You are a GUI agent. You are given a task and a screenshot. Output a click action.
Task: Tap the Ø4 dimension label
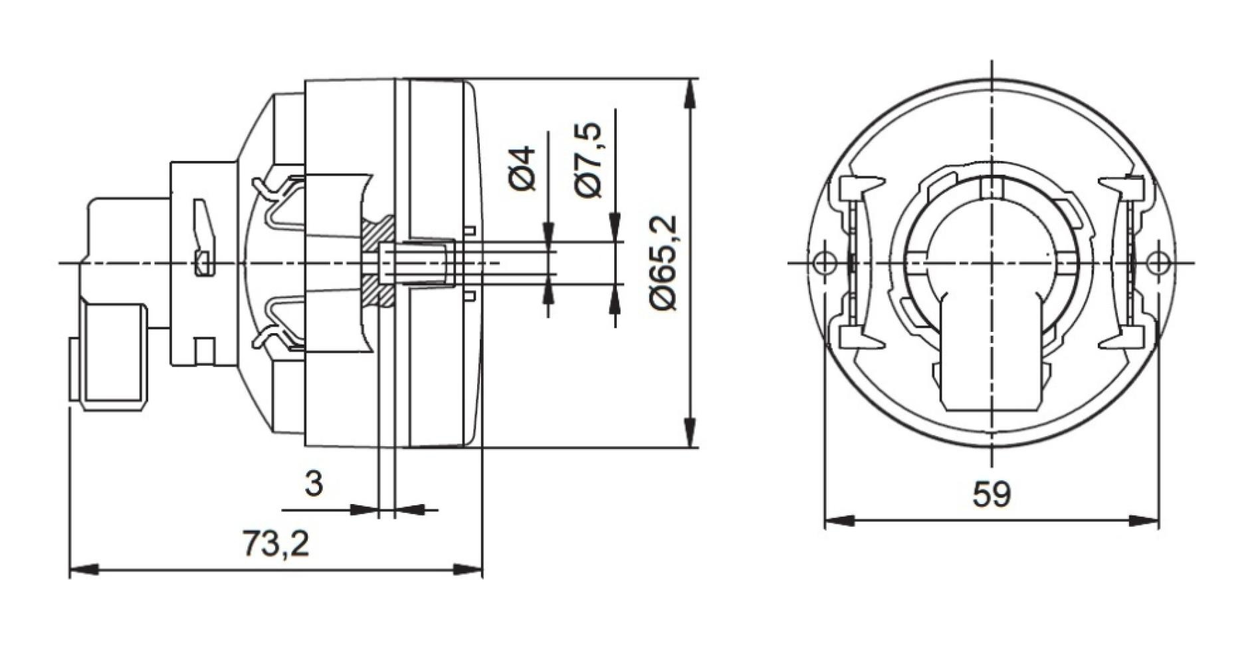(x=524, y=169)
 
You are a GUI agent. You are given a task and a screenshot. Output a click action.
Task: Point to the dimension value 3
(x=314, y=483)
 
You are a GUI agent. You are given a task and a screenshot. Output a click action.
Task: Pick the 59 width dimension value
(x=992, y=495)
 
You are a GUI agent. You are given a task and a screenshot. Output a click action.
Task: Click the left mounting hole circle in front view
(x=824, y=263)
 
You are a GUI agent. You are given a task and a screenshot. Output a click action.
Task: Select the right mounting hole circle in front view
(x=1158, y=263)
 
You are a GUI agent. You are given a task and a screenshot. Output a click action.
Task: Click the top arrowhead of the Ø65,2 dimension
(x=691, y=93)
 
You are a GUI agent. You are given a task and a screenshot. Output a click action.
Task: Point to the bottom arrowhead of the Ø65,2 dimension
(x=691, y=432)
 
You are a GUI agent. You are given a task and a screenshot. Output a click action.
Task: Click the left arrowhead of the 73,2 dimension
(x=83, y=570)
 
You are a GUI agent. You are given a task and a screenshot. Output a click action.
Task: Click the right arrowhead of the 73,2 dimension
(x=469, y=570)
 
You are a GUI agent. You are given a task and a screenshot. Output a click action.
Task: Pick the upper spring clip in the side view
(x=279, y=199)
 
